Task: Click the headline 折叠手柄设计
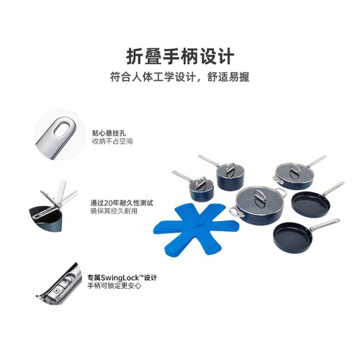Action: pos(179,55)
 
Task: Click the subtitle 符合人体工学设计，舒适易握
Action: pos(179,76)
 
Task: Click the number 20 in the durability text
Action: pos(112,202)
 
